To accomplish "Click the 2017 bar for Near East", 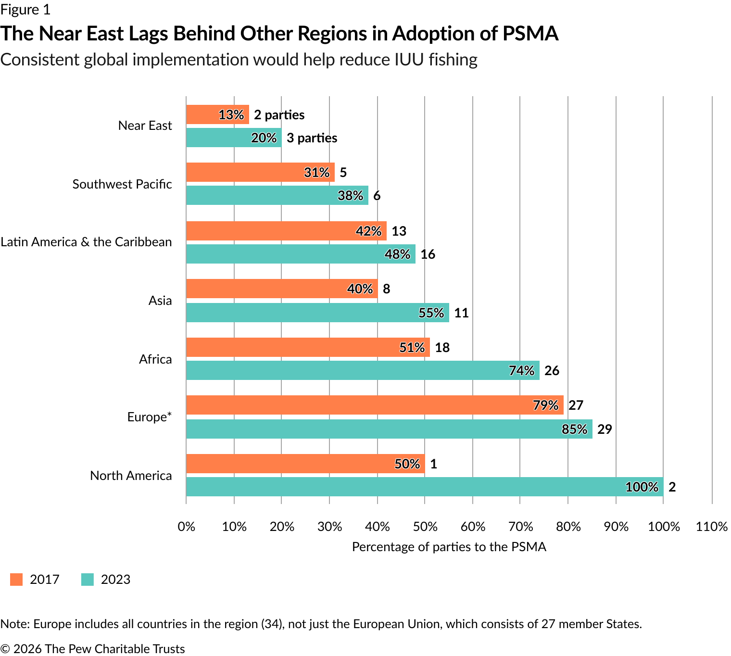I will click(x=217, y=114).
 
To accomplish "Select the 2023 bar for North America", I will click(x=424, y=487).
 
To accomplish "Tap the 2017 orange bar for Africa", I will click(x=308, y=347).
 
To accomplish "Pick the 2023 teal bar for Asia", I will click(x=317, y=313).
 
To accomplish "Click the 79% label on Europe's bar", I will click(x=545, y=405).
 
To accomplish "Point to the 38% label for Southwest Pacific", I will click(x=350, y=195).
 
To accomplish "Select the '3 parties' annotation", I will click(x=312, y=138).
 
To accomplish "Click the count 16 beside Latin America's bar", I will click(x=428, y=254).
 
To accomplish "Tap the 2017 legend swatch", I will click(x=16, y=580).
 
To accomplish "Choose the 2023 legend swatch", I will click(x=88, y=580).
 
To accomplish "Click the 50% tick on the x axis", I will click(x=425, y=527).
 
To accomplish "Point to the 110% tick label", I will click(x=711, y=527).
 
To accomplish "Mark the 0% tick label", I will click(x=187, y=527).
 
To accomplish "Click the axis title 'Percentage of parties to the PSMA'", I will click(x=449, y=547).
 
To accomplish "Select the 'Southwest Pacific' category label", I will click(x=122, y=184).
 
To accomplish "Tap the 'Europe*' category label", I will click(x=149, y=417).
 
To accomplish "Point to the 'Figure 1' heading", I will click(x=25, y=10).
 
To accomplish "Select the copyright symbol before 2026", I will click(x=5, y=649).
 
